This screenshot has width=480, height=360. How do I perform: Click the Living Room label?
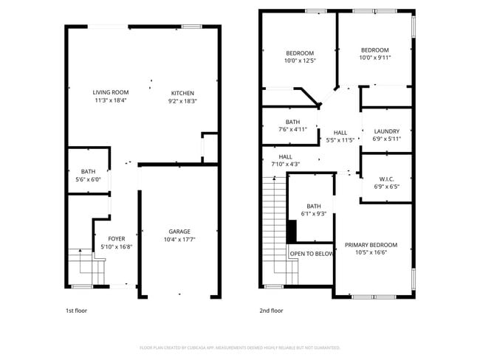(x=110, y=92)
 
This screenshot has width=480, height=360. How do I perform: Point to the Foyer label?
(x=117, y=238)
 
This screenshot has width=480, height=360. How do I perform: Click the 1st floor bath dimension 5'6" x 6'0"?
(x=89, y=180)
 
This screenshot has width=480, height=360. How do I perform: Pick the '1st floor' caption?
(x=76, y=311)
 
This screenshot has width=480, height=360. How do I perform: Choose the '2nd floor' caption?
(x=271, y=311)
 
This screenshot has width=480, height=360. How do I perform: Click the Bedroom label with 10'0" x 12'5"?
(x=300, y=53)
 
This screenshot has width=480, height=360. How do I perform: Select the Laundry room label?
(x=386, y=131)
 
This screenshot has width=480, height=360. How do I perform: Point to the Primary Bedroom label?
(x=371, y=245)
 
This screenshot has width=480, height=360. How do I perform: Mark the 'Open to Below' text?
(x=311, y=254)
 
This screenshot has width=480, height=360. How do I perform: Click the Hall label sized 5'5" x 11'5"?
(x=340, y=133)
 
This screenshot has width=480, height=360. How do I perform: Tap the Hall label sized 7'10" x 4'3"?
(x=286, y=156)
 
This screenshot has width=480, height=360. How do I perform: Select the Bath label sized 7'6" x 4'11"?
(x=292, y=122)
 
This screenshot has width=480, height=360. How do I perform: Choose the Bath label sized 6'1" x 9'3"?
(x=314, y=206)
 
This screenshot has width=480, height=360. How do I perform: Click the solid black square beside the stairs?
(x=292, y=232)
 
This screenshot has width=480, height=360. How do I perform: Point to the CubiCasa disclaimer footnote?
(x=240, y=347)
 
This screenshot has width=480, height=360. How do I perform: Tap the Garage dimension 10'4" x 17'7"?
(x=179, y=239)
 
